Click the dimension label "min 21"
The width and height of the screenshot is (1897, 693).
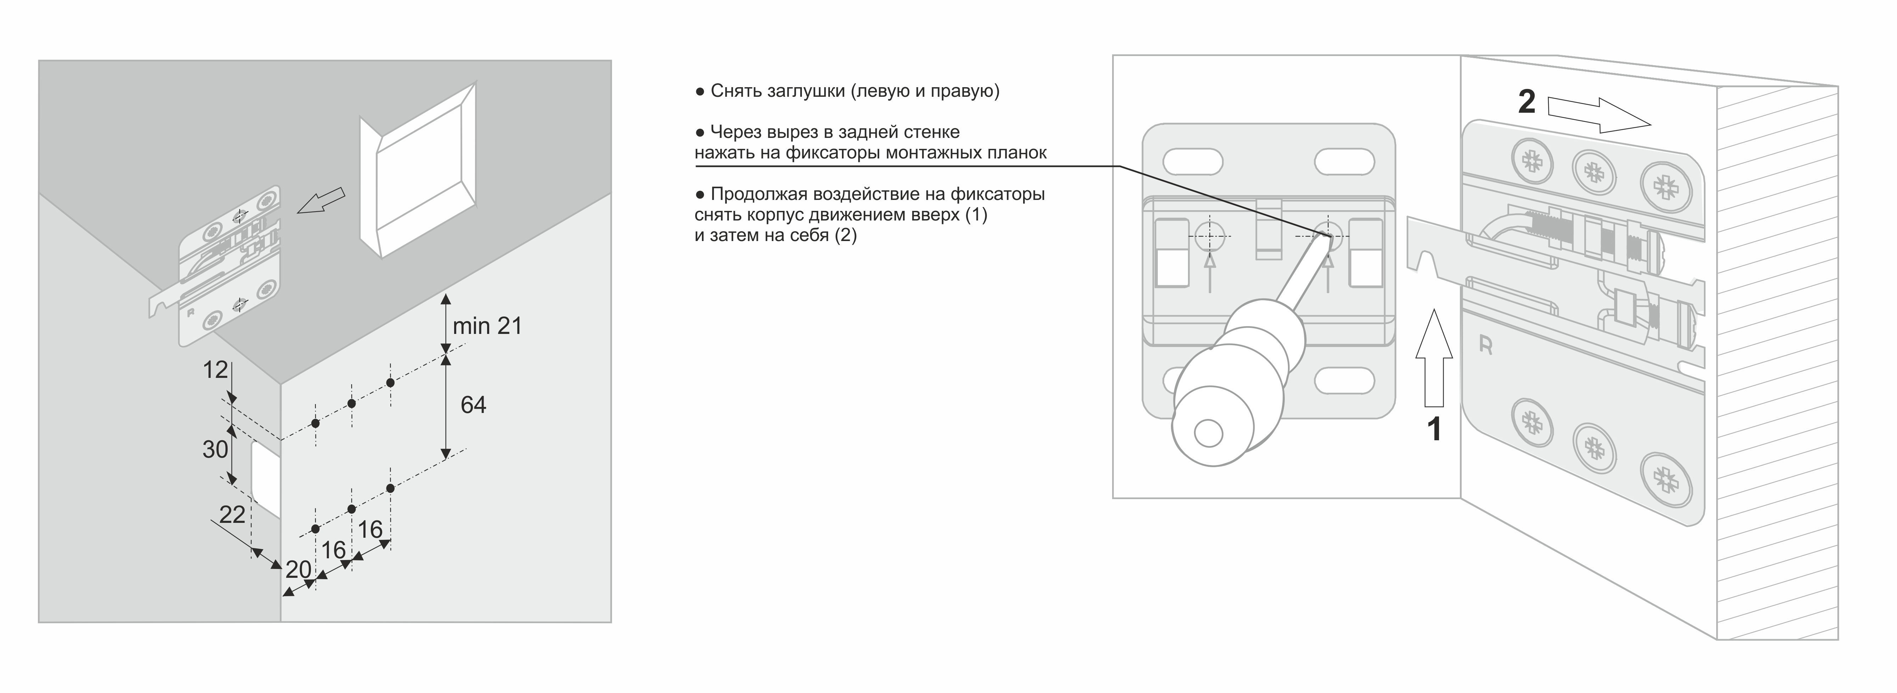tap(487, 325)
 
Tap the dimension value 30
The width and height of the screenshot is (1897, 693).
tap(215, 449)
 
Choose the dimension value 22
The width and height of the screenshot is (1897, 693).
tap(232, 514)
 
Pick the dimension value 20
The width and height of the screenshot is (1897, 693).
tap(298, 569)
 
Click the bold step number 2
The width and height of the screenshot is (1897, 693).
tap(1527, 102)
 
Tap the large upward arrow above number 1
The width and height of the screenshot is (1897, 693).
tap(1434, 357)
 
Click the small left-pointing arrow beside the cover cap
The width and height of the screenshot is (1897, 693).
tap(321, 200)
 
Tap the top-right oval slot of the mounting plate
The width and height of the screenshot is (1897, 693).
tap(1344, 161)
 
